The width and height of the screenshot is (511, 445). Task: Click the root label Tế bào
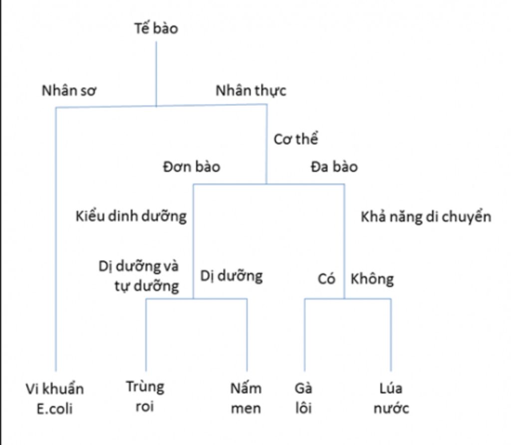pos(156,28)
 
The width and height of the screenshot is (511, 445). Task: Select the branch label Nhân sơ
pos(69,90)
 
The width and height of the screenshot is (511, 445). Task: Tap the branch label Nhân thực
pos(251,91)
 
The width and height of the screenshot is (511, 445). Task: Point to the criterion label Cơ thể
pos(295,139)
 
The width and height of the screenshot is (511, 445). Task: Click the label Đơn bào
pos(192,166)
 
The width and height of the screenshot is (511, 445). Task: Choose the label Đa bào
pos(334,167)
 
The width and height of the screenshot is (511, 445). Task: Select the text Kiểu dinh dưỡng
pos(131,216)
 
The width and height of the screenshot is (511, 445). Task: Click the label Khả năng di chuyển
pos(426,217)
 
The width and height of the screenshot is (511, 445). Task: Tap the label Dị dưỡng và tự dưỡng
pos(139,276)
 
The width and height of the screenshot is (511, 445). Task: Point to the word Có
pos(326,279)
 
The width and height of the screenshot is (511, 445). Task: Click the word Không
pos(372,279)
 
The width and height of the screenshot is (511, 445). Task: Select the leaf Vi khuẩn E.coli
pos(55,399)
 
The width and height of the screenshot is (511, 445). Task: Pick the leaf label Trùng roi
pos(145,397)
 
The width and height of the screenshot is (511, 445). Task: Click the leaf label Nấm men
pos(246,399)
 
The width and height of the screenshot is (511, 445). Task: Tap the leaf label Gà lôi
pos(303,399)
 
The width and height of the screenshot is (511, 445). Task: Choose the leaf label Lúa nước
pos(391,399)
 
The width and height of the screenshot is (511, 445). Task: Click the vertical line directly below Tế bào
pos(156,74)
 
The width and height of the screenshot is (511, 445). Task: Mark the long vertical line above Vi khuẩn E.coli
pos(56,239)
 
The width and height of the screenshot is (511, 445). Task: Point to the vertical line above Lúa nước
pos(391,335)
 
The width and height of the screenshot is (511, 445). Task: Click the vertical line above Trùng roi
pos(146,335)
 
